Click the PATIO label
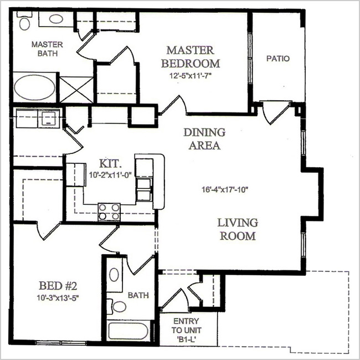point(278,59)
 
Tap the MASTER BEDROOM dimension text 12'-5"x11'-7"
point(190,76)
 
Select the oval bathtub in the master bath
point(34,88)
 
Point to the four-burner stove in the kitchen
point(109,212)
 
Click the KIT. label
point(110,163)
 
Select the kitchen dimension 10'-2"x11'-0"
point(110,175)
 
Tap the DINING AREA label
point(204,138)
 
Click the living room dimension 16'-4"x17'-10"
point(225,189)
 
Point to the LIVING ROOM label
point(238,229)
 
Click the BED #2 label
point(58,286)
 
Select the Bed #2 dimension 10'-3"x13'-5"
point(58,298)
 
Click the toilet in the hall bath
point(117,306)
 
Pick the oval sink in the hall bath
point(114,275)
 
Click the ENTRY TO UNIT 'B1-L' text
point(187,330)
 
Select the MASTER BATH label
point(47,49)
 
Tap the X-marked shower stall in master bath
point(76,90)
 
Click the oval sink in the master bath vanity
point(56,19)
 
